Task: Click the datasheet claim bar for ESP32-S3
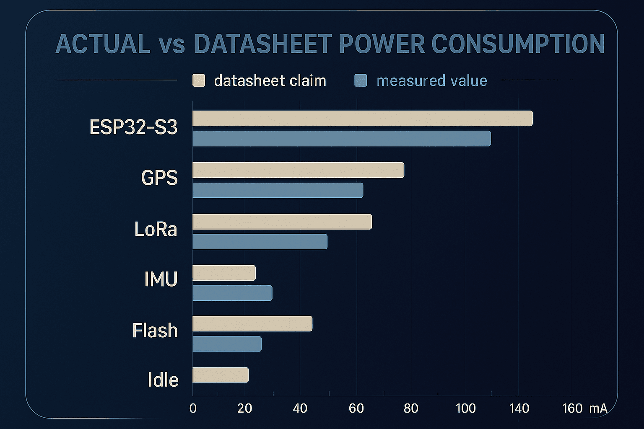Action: (x=363, y=118)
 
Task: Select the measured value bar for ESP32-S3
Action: (x=342, y=139)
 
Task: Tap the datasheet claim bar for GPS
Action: (x=299, y=170)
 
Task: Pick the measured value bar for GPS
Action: (x=278, y=190)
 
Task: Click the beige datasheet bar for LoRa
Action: (x=282, y=222)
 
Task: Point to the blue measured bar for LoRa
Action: (x=260, y=242)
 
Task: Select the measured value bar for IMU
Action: (x=232, y=293)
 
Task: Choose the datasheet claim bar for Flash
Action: (x=252, y=324)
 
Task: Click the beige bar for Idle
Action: (x=221, y=375)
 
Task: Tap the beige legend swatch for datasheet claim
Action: (x=199, y=80)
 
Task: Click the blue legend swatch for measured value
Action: (x=361, y=80)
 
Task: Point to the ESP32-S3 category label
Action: (x=133, y=127)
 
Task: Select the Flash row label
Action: (x=155, y=331)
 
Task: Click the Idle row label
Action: (x=163, y=380)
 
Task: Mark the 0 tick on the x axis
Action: (x=193, y=408)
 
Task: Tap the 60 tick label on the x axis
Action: (x=356, y=408)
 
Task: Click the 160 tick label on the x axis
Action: (x=572, y=408)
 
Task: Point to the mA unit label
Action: (x=598, y=408)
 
